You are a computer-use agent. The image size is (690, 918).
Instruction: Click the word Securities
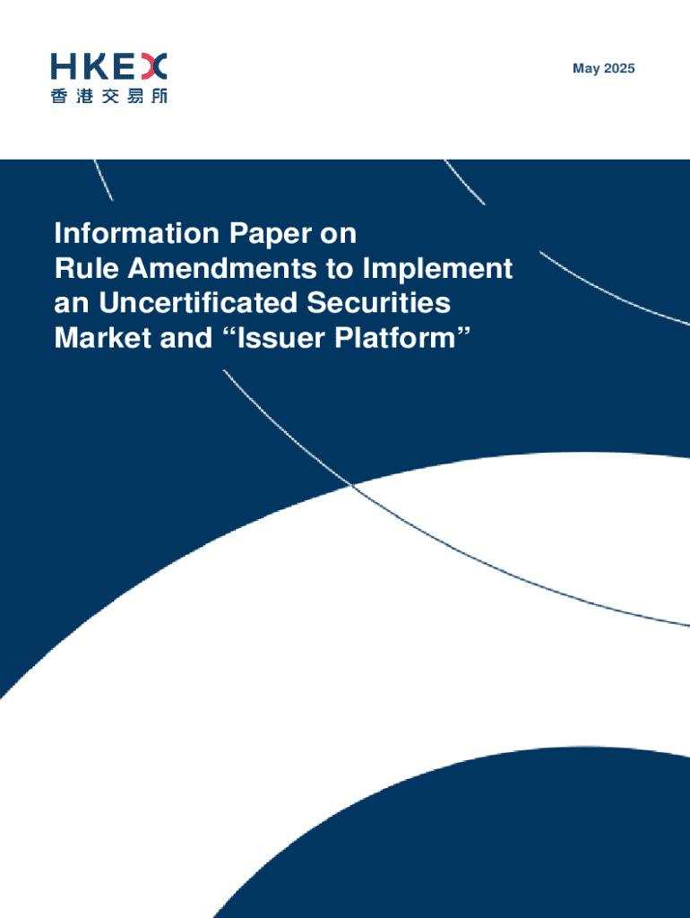click(387, 303)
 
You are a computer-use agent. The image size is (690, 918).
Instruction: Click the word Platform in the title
click(395, 339)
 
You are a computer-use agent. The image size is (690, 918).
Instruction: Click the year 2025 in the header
click(620, 69)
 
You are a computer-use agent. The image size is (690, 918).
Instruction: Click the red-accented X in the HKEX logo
click(154, 66)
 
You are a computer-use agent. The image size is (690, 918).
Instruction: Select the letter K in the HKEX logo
click(96, 66)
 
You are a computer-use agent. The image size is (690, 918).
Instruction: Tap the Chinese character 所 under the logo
click(158, 95)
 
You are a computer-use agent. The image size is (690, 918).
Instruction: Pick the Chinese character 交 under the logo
click(109, 95)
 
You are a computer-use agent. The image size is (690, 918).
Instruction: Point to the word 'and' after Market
click(169, 339)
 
